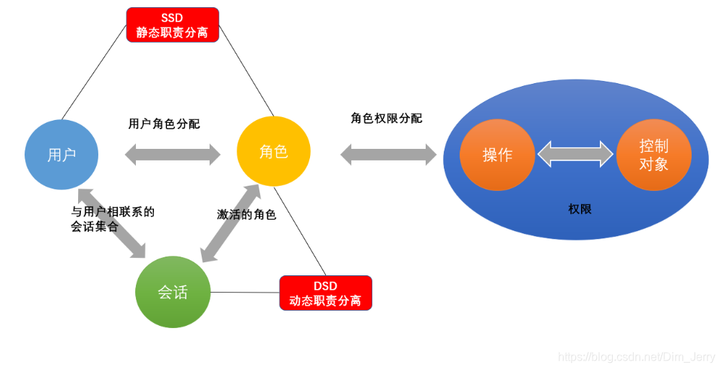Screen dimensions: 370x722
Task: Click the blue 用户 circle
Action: [x=61, y=154]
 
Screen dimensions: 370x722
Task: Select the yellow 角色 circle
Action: [x=273, y=152]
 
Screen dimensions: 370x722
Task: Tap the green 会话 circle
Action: [x=172, y=292]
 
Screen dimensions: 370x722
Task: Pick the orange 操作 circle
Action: [x=497, y=154]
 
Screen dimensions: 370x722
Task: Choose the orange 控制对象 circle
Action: [x=653, y=154]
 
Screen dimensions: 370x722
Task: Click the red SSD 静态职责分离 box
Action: [x=172, y=25]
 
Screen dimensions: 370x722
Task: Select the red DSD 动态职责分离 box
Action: [x=325, y=293]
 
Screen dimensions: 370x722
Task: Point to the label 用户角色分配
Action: [x=164, y=124]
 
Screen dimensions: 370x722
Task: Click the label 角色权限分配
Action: [x=387, y=118]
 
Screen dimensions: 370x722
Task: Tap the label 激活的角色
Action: [x=246, y=215]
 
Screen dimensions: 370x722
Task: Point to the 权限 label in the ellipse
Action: [x=580, y=209]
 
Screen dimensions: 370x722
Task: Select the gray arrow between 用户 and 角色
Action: [x=173, y=154]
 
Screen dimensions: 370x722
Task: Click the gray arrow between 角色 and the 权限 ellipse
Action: [x=388, y=154]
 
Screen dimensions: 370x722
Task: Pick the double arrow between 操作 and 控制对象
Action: [x=575, y=154]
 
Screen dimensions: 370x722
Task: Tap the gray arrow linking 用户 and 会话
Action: [x=111, y=223]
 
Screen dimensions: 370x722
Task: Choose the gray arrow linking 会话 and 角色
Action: [x=231, y=223]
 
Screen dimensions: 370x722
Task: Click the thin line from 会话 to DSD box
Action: [x=244, y=293]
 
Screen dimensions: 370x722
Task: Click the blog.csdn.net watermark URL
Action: [x=637, y=357]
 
